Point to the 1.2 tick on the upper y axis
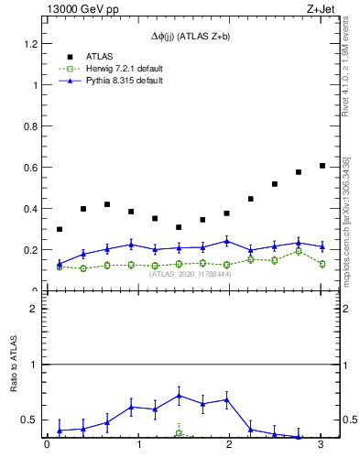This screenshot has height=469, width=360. click(27, 43)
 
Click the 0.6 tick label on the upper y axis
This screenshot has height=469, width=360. click(27, 167)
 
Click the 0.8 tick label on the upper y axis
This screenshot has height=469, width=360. click(27, 125)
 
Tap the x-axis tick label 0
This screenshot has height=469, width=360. click(47, 445)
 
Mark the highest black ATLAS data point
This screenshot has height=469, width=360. click(322, 166)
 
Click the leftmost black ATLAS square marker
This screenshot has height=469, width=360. click(60, 229)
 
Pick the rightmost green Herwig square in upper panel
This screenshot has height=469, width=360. click(322, 264)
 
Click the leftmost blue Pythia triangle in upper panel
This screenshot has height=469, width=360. click(60, 264)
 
